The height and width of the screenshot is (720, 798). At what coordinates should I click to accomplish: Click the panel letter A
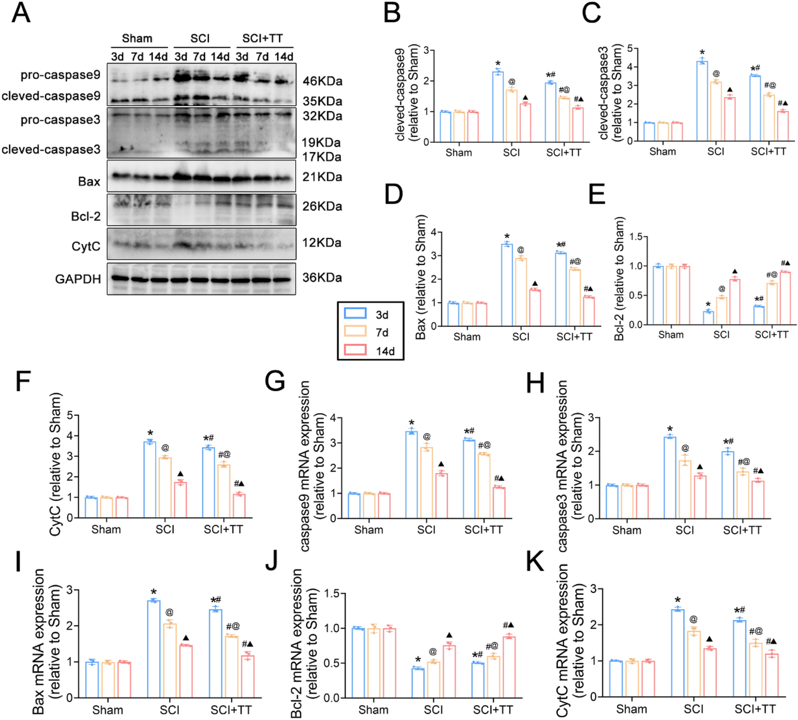21,13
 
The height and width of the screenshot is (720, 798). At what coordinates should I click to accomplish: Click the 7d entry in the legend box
382,332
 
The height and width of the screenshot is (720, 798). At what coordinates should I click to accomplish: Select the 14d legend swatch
355,350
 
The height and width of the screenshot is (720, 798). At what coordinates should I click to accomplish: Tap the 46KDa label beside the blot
322,81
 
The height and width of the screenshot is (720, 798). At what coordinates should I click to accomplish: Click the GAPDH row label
78,279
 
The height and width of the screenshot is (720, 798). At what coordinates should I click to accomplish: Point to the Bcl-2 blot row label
86,217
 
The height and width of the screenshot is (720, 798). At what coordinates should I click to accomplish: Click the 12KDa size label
322,243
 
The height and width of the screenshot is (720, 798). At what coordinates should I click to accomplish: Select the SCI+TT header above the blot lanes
262,38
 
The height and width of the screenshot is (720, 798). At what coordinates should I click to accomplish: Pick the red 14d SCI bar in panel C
729,119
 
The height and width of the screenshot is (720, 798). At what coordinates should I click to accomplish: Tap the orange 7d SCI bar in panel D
521,292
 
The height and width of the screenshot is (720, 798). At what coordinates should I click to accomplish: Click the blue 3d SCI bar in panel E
708,318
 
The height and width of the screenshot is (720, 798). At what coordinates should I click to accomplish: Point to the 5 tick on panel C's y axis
630,48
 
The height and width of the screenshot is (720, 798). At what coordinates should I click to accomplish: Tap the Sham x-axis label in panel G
368,530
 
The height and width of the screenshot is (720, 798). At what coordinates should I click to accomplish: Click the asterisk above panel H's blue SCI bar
669,430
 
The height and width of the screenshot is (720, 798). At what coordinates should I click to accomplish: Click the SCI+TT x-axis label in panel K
755,709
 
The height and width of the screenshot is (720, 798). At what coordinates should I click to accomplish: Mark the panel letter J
271,560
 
